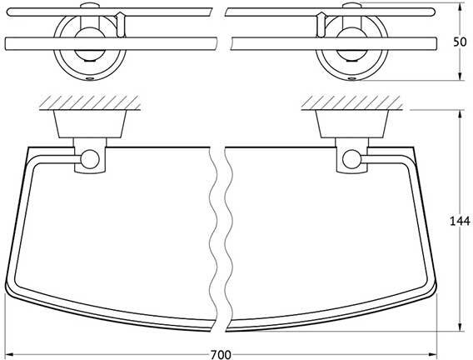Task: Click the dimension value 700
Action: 221,354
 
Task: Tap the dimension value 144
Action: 460,221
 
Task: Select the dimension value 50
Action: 460,42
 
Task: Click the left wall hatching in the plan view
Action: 90,102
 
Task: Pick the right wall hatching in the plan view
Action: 351,102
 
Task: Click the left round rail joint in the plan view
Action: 90,159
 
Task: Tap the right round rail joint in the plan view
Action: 351,159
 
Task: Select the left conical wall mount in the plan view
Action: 90,124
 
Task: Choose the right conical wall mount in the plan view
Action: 351,124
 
